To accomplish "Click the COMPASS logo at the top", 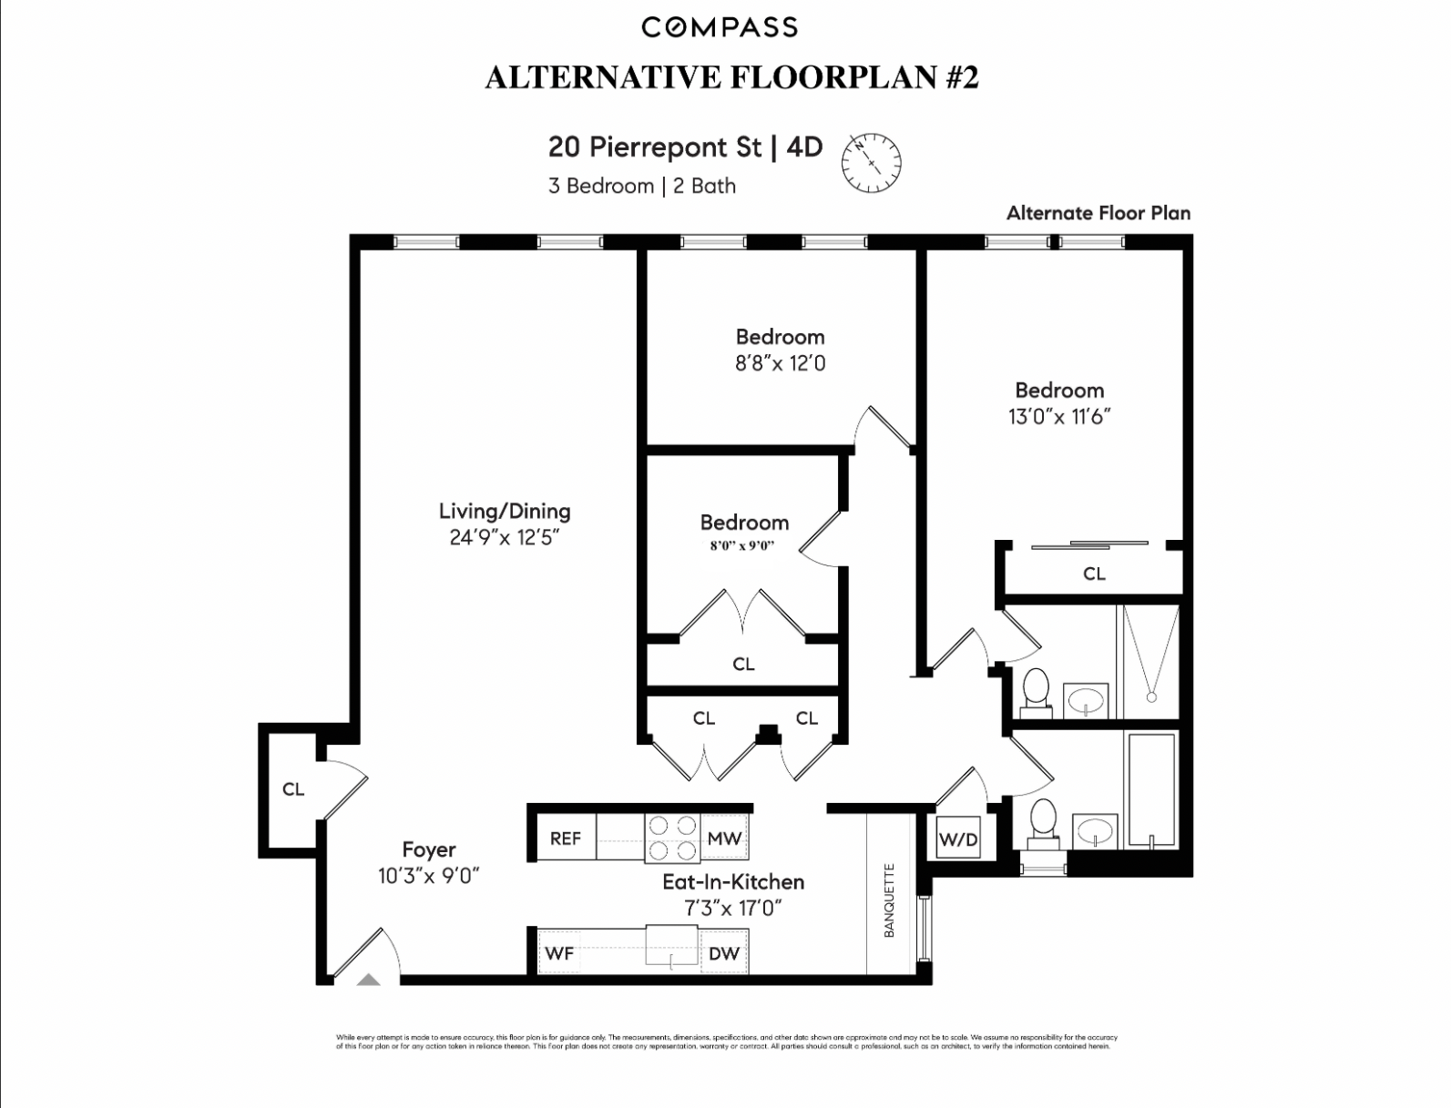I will [x=720, y=27].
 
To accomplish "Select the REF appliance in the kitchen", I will [x=565, y=838].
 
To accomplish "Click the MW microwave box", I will [x=724, y=838].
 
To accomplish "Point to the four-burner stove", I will [x=671, y=838].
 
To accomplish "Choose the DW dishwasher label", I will [x=724, y=953].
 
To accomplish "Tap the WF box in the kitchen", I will [x=559, y=953].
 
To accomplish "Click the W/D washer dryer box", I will [x=957, y=839].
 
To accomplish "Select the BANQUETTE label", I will [x=890, y=900].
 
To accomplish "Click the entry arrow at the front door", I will [x=368, y=980].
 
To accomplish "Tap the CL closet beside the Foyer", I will [x=293, y=789].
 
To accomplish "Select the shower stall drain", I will [x=1151, y=697].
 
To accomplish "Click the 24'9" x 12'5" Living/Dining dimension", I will [x=504, y=537].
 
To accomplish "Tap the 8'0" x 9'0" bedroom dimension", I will [x=742, y=546].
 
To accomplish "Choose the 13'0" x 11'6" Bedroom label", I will [x=1059, y=403].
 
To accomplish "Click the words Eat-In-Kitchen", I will [x=732, y=881].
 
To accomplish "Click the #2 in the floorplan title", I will [x=962, y=77].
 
